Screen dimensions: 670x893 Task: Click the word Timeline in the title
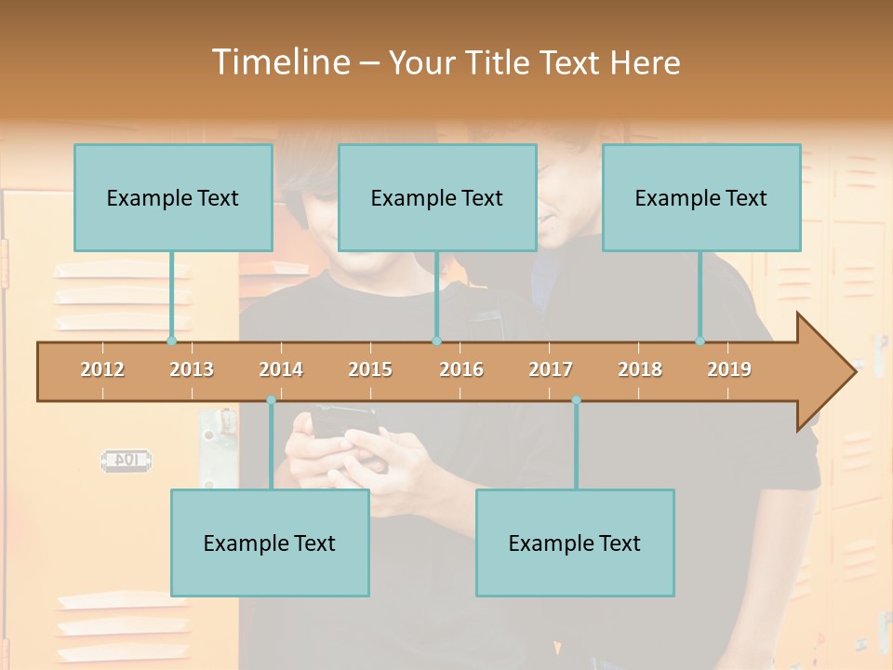coord(279,62)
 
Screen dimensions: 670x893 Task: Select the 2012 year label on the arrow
coord(102,369)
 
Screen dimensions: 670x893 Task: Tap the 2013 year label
coord(192,369)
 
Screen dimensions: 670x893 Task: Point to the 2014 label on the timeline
coord(281,369)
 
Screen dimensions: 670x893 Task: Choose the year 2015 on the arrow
coord(370,369)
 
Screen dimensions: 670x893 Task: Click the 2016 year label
coord(461,369)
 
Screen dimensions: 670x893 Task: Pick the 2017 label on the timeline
coord(551,369)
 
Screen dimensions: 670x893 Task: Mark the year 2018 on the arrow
coord(640,369)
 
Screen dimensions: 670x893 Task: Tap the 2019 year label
coord(729,369)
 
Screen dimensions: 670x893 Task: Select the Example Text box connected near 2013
coord(173,197)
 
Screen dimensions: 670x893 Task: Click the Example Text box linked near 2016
coord(437,197)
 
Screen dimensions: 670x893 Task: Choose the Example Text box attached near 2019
coord(701,197)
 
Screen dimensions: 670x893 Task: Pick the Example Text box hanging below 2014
coord(270,543)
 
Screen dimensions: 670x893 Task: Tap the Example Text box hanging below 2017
coord(575,543)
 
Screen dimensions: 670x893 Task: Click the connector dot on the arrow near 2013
coord(172,341)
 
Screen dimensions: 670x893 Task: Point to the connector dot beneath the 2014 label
coord(271,400)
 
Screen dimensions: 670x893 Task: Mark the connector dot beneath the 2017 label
coord(576,400)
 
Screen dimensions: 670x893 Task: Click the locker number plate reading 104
coord(127,460)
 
